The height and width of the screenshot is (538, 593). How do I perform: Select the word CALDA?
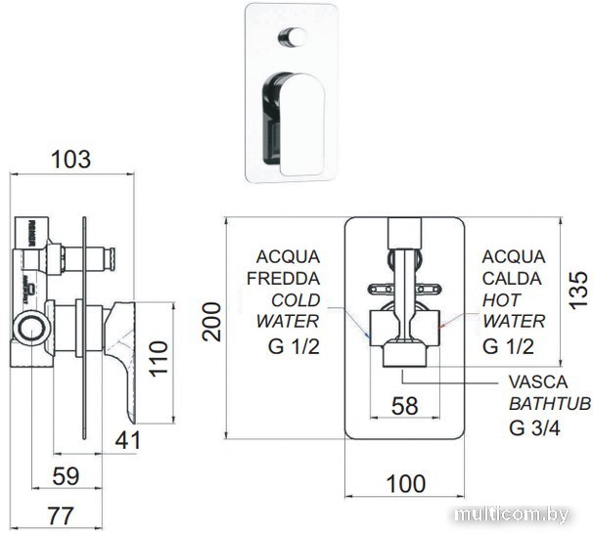[x=510, y=278]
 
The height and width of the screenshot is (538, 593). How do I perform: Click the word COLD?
[x=295, y=299]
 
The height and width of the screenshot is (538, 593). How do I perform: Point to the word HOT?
[x=501, y=299]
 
